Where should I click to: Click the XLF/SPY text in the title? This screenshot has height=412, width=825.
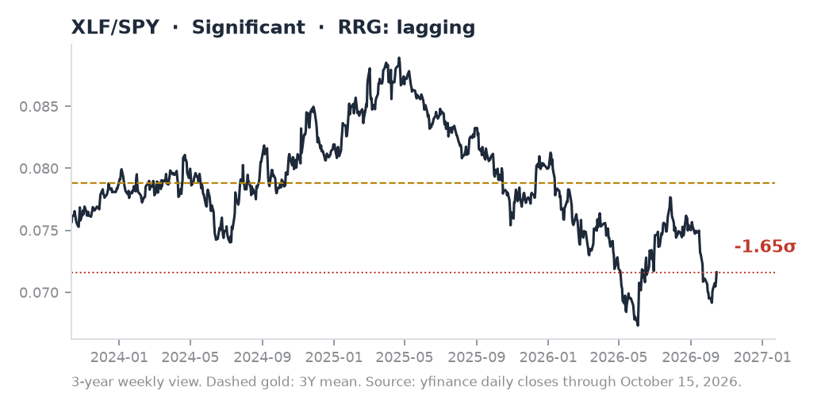click(115, 27)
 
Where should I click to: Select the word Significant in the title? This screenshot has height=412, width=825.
click(248, 28)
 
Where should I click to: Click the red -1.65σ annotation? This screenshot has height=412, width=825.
click(765, 246)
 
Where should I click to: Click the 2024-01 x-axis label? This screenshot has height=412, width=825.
click(119, 357)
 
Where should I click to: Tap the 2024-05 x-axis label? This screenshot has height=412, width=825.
click(190, 357)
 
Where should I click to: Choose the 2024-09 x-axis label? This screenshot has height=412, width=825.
click(262, 357)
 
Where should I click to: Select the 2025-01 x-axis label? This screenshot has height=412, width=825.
click(334, 357)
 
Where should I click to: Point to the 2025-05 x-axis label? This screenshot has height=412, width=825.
click(405, 357)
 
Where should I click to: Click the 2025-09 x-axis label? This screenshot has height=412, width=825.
click(477, 357)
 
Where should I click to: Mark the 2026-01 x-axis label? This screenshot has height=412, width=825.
click(548, 357)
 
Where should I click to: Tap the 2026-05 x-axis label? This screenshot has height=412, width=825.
click(620, 357)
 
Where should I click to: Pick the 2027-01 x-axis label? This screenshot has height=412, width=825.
click(762, 357)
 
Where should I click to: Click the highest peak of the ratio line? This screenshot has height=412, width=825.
click(399, 58)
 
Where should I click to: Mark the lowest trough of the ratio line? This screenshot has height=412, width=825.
click(638, 326)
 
